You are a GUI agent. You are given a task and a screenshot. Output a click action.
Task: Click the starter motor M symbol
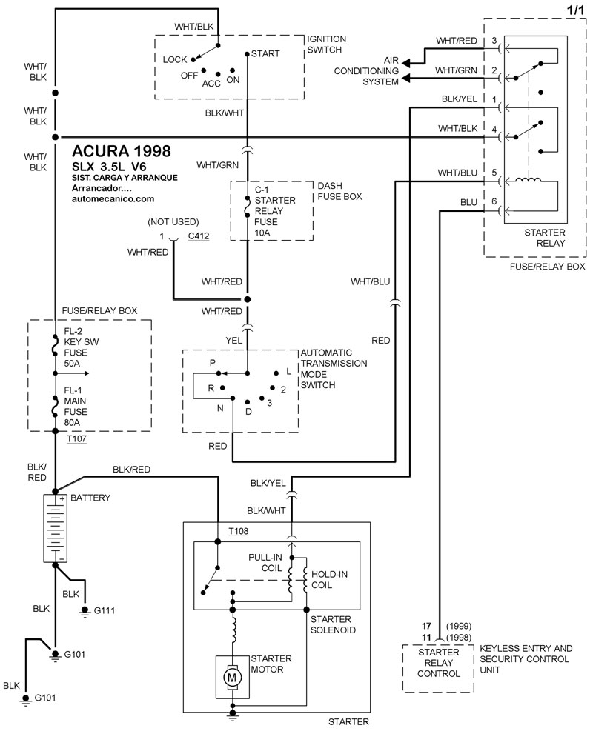pos(232,677)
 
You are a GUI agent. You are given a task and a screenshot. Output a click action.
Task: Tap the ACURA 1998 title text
pos(122,151)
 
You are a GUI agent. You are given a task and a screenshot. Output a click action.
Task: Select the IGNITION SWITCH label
pos(327,44)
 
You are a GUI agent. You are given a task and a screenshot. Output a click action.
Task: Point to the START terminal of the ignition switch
pos(265,54)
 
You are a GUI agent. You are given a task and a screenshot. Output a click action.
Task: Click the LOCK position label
pos(174,59)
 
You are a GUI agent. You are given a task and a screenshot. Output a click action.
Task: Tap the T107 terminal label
pos(76,439)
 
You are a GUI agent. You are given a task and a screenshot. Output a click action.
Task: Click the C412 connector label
pos(198,237)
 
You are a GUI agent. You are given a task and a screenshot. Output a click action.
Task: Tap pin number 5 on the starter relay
pos(493,172)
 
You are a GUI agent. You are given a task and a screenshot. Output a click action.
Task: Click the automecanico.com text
pos(113,198)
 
